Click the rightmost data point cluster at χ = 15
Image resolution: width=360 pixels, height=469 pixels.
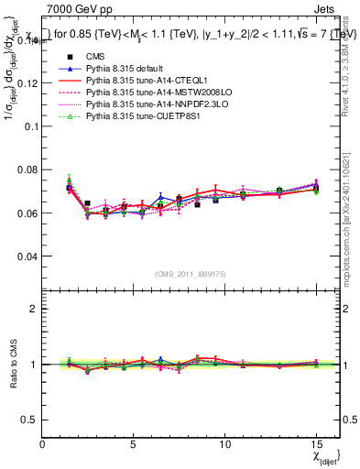(316, 188)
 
